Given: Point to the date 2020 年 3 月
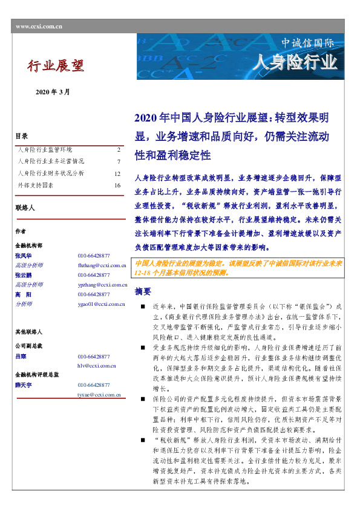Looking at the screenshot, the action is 53,92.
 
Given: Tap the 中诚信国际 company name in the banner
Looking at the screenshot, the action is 307,44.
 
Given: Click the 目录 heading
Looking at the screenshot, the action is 21,137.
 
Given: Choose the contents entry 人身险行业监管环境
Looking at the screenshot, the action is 45,149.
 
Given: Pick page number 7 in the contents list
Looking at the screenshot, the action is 119,161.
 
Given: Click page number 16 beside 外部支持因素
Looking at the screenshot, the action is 117,186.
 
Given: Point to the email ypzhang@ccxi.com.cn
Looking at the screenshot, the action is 102,284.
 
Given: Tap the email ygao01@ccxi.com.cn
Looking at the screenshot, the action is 101,303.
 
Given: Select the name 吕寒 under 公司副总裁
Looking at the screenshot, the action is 21,357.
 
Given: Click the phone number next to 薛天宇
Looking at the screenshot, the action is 94,385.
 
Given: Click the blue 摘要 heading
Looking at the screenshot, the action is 143,291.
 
